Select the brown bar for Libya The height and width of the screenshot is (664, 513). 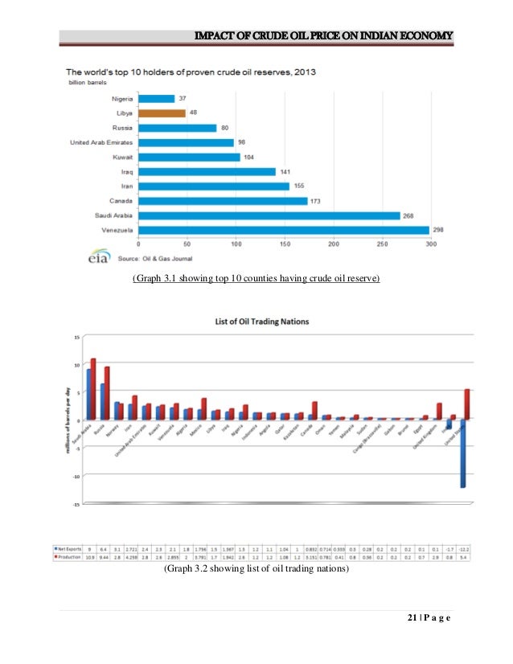[162, 113]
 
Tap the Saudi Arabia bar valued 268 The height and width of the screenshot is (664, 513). [269, 215]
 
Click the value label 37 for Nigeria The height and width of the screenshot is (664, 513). [183, 99]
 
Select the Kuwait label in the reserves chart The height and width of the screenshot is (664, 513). [121, 158]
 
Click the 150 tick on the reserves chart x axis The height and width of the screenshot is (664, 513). [285, 244]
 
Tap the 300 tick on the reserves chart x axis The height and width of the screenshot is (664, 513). [431, 244]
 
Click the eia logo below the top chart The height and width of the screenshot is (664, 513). [97, 258]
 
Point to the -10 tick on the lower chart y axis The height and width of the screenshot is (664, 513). [76, 476]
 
